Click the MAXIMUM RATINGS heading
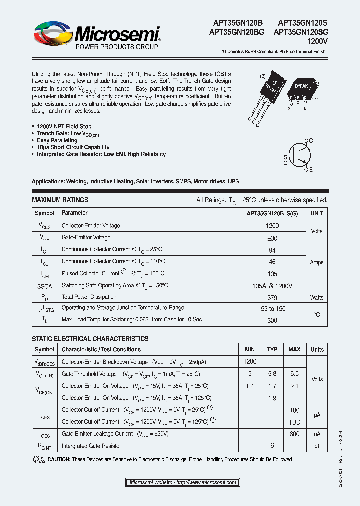pos(60,200)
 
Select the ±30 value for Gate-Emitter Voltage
pos(273,238)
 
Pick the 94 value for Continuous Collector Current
pos(273,249)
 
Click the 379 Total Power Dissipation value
pos(273,297)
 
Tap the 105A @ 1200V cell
pos(273,285)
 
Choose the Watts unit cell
pos(317,297)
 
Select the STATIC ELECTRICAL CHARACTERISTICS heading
pos(90,339)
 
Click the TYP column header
pos(272,349)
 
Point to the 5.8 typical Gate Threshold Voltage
pos(272,374)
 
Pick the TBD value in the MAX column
pos(294,421)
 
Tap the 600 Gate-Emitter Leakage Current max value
pos(294,434)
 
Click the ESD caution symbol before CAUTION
pos(38,459)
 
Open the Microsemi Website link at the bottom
pos(182,482)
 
